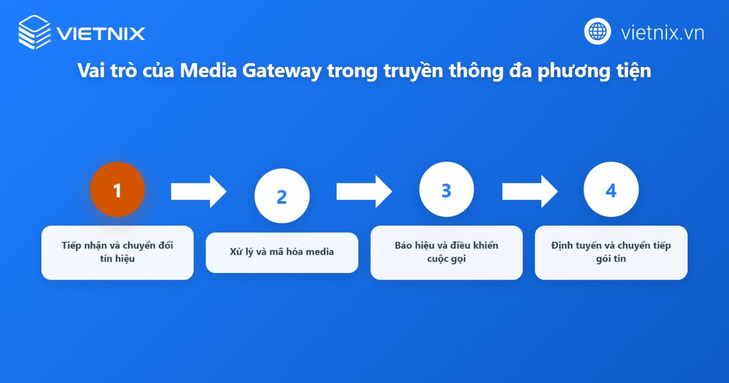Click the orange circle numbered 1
pyautogui.click(x=117, y=190)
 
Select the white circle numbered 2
pyautogui.click(x=281, y=196)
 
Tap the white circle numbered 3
pyautogui.click(x=447, y=190)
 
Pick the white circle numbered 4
pyautogui.click(x=611, y=190)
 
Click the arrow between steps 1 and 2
pyautogui.click(x=198, y=191)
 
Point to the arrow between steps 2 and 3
pyautogui.click(x=363, y=191)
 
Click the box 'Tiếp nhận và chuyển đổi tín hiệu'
pyautogui.click(x=117, y=252)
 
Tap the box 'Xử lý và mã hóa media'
pyautogui.click(x=282, y=252)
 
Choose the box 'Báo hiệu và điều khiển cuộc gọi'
pyautogui.click(x=447, y=252)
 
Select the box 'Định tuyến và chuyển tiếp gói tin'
pyautogui.click(x=611, y=252)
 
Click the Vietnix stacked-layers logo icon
pyautogui.click(x=35, y=32)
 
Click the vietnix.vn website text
pyautogui.click(x=662, y=32)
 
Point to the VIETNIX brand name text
pyautogui.click(x=101, y=33)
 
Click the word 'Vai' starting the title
pyautogui.click(x=91, y=71)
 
